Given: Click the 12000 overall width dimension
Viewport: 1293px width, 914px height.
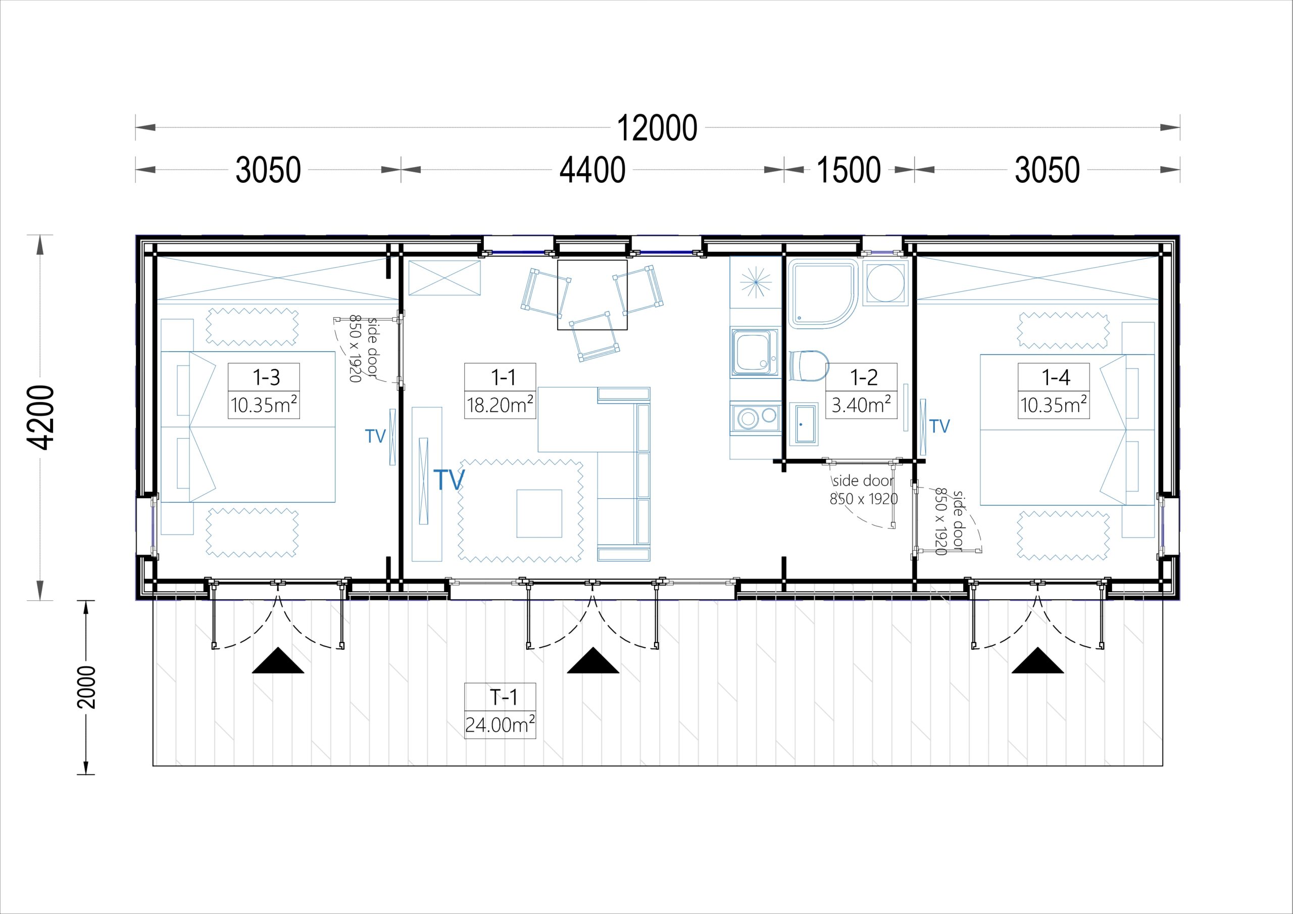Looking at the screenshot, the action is [x=657, y=128].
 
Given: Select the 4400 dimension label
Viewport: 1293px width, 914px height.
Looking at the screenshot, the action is [x=592, y=170].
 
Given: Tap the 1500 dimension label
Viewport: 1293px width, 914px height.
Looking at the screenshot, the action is [x=849, y=170].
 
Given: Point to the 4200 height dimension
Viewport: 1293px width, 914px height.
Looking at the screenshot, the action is [x=41, y=417].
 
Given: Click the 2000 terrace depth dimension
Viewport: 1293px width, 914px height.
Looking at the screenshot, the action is [x=87, y=687].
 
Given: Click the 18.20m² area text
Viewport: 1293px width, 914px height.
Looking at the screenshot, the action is [x=500, y=405].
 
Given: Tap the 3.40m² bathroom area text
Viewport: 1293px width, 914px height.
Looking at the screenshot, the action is [x=861, y=405].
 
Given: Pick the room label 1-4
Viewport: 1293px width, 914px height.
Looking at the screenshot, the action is [x=1055, y=377].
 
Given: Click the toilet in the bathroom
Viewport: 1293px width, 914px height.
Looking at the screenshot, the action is [x=809, y=365].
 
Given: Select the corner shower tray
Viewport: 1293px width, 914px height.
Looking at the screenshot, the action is [x=823, y=294].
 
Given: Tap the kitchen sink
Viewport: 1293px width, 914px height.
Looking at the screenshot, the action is [x=755, y=353].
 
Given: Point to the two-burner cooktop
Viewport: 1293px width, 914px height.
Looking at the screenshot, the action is [x=755, y=417].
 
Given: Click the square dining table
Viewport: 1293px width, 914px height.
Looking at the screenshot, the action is [x=592, y=295].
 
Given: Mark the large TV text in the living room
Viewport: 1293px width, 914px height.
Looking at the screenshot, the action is [x=449, y=479].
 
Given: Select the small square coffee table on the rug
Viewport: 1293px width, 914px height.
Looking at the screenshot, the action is [x=539, y=513].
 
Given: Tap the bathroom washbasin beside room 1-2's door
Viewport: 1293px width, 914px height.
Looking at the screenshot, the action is [x=803, y=423].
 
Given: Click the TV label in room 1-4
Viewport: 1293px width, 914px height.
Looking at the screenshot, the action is [x=940, y=426].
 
